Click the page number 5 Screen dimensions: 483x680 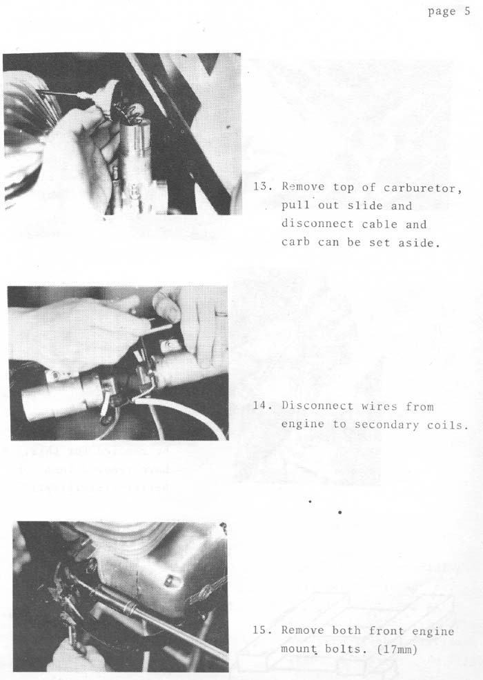[466, 11]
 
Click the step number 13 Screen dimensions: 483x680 [262, 187]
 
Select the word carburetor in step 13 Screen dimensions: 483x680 [422, 188]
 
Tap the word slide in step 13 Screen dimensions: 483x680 [365, 206]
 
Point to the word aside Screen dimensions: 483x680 [420, 243]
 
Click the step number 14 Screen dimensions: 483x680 [262, 406]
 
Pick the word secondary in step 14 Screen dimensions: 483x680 [386, 425]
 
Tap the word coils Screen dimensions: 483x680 [447, 425]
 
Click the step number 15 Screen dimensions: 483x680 [262, 630]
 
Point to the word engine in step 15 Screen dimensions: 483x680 [433, 631]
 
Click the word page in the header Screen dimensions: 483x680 [442, 11]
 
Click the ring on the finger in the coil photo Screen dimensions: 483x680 [221, 313]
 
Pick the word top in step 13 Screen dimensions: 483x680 [343, 188]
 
